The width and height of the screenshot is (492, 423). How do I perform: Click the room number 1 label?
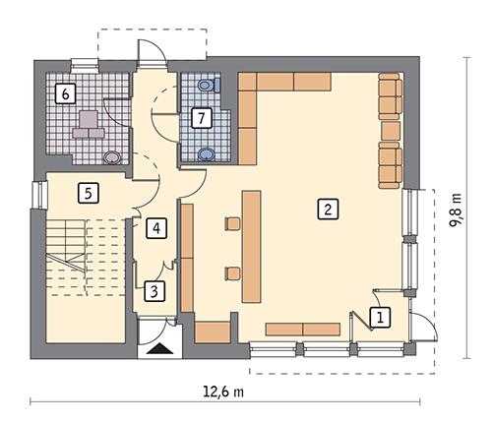380,316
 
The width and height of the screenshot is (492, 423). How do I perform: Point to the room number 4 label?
154,229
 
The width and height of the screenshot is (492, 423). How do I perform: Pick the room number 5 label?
89,192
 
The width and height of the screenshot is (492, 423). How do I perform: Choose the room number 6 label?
65,93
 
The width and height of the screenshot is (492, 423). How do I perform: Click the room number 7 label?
201,118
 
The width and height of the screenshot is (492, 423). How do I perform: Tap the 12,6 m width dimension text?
224,392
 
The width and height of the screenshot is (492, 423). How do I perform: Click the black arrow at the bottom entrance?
157,345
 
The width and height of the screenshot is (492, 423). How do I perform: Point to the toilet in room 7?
206,86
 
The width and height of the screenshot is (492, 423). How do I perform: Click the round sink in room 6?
113,155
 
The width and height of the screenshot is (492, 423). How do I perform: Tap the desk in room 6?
90,123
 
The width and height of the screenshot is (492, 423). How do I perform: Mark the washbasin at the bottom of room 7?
207,152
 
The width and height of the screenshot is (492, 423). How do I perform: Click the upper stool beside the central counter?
233,223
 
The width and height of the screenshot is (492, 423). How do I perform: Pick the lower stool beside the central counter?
233,271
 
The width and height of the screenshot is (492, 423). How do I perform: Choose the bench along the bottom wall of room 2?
302,329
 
